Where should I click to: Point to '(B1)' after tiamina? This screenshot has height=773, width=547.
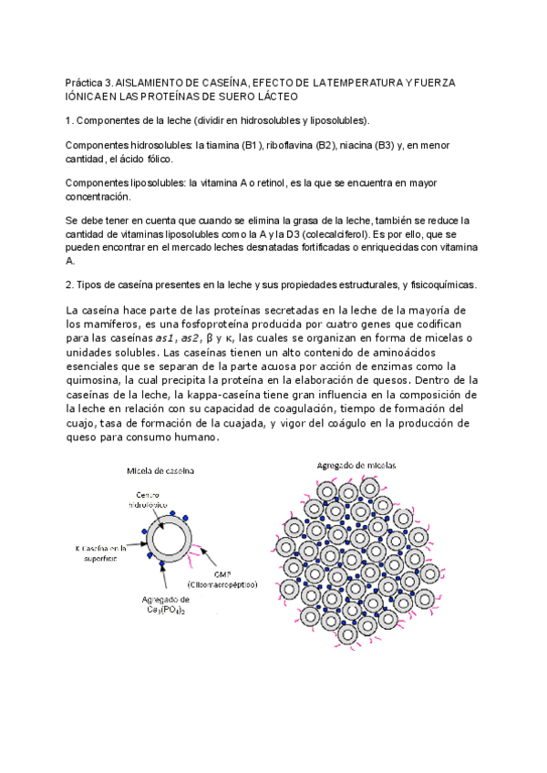pos(249,146)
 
